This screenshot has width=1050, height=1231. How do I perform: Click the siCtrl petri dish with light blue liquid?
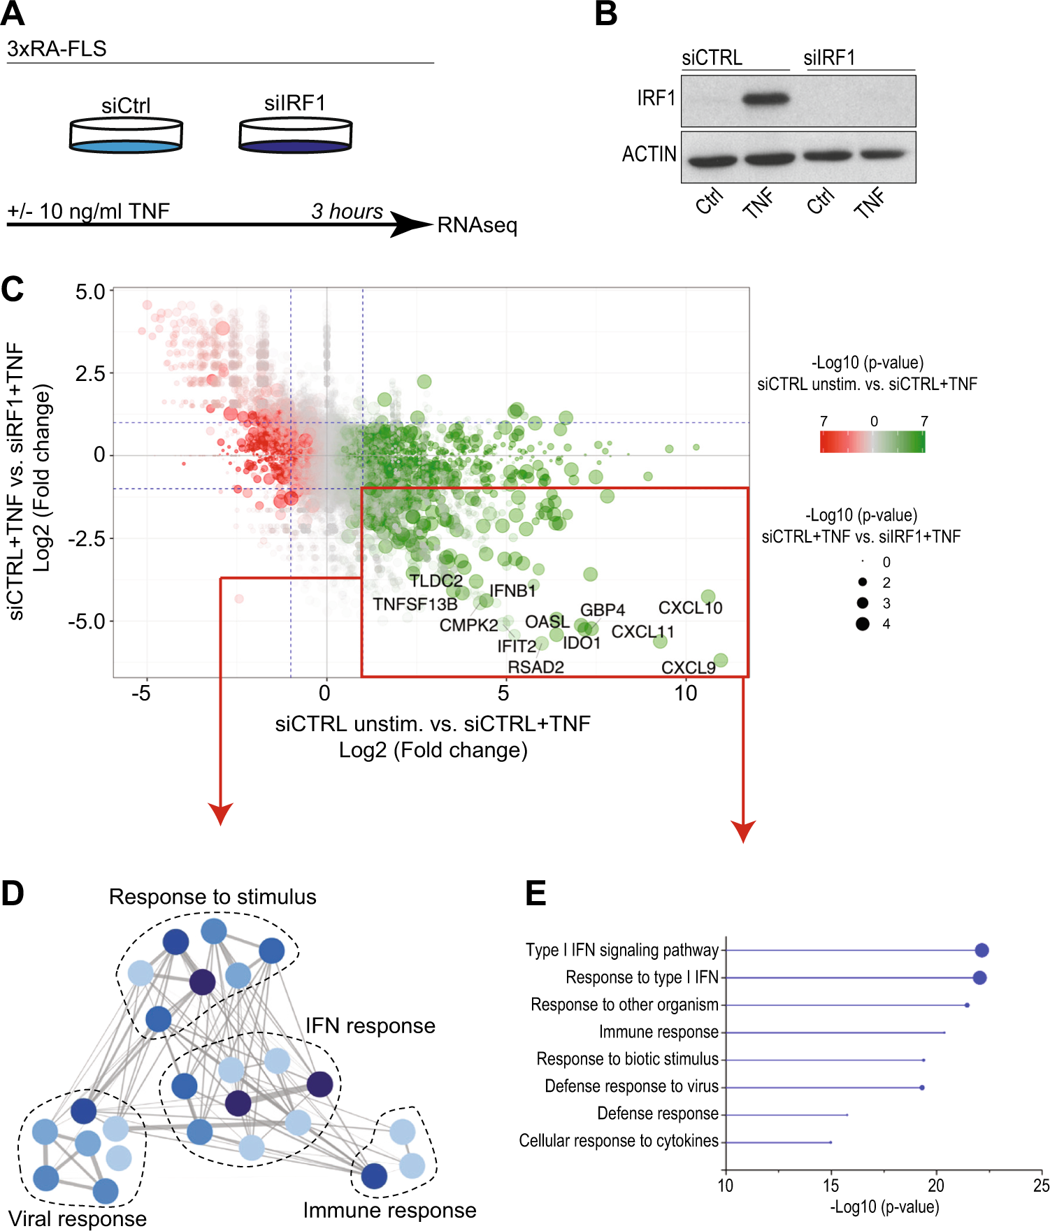126,136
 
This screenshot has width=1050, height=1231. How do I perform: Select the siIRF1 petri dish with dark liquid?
295,136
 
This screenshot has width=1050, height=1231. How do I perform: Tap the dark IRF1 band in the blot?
765,99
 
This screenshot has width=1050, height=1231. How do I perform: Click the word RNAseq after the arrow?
477,226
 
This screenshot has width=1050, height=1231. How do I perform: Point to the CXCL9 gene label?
688,668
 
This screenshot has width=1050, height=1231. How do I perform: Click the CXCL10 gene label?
690,607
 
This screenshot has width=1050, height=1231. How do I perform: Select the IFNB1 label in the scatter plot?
512,591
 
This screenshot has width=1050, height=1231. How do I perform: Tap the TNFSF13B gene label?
415,604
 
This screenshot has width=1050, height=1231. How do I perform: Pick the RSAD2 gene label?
535,667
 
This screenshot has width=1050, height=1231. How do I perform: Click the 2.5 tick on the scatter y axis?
90,373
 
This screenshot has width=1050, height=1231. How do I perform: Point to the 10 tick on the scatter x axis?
686,693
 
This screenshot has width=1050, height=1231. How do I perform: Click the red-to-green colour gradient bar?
872,442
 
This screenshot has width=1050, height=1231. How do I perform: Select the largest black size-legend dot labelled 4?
863,624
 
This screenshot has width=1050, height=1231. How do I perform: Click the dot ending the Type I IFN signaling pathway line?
981,950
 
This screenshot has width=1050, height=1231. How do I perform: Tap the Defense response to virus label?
631,1086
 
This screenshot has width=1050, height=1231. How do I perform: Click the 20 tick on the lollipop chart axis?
935,1186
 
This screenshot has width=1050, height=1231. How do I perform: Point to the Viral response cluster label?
78,1218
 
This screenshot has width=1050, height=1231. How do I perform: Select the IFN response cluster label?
370,1025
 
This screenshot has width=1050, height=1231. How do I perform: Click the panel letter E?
535,893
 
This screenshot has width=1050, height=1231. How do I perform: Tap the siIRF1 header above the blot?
829,58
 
